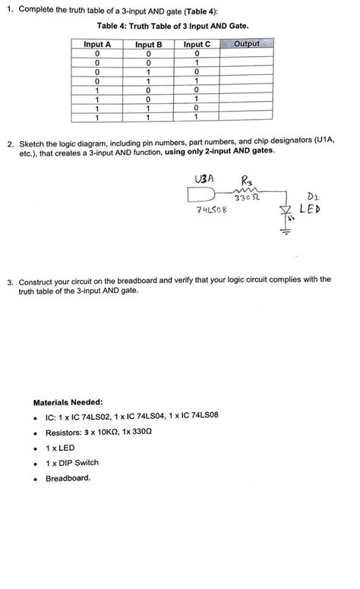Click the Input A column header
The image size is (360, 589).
[x=97, y=45]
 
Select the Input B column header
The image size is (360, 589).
[x=149, y=45]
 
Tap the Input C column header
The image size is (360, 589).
[x=197, y=45]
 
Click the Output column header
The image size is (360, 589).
[x=246, y=45]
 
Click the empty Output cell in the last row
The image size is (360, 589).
[x=246, y=118]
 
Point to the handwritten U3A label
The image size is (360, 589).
[x=204, y=179]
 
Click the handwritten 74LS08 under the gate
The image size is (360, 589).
[x=208, y=209]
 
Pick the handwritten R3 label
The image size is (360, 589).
[x=248, y=180]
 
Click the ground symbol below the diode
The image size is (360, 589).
[x=286, y=231]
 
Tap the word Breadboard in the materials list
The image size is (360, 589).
[x=68, y=478]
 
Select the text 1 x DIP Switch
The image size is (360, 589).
[x=72, y=462]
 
